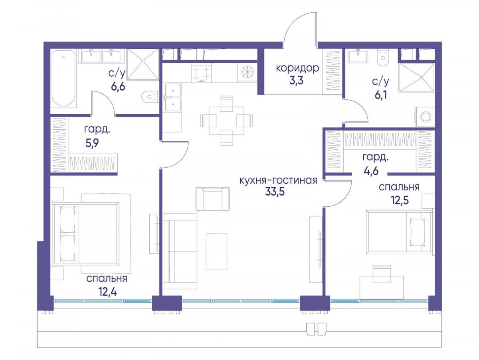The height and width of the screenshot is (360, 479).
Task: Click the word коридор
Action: pos(298,69)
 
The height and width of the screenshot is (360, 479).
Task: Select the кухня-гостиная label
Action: pos(278,180)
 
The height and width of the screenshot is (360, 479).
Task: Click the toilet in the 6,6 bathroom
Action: pos(150,96)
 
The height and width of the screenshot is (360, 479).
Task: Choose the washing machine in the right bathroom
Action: pos(425,117)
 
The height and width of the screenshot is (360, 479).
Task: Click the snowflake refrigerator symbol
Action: pos(247,72)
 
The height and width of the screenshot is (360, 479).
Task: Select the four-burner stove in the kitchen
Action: pos(202,73)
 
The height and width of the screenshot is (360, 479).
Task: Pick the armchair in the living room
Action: pos(212,199)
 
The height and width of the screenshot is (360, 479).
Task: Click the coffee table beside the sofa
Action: pos(216,251)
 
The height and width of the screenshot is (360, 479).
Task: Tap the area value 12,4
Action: pos(108,292)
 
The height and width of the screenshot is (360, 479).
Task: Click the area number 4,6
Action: pos(371,170)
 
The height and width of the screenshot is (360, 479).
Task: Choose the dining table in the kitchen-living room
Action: pos(226,121)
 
